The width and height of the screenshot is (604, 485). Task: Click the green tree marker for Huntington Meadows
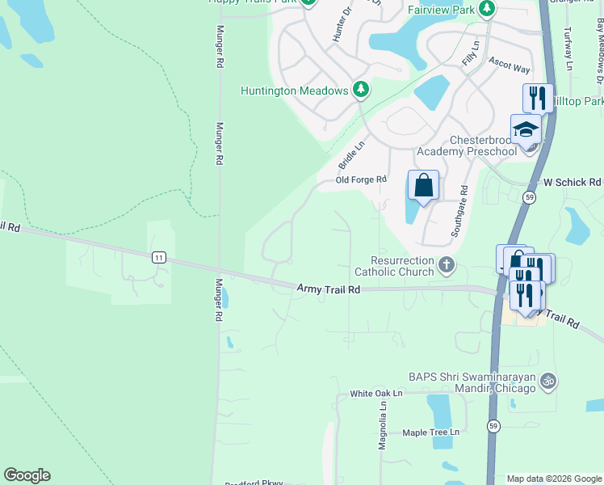tap(361, 91)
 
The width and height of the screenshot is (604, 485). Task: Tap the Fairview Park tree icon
tap(486, 8)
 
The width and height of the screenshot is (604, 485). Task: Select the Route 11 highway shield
tap(159, 257)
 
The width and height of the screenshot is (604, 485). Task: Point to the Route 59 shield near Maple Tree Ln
tap(493, 425)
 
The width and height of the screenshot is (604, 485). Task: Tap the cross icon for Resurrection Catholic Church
tap(446, 264)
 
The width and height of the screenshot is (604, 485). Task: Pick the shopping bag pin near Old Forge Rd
tap(423, 187)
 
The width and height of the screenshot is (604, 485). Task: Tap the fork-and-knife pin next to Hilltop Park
tap(538, 99)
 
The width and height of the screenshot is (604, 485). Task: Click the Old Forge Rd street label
tap(361, 179)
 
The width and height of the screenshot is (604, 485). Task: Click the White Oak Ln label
tap(375, 394)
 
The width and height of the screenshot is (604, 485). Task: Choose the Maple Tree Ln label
tap(430, 432)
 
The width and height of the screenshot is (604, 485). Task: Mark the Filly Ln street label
tap(469, 56)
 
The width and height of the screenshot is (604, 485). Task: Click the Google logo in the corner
tap(27, 475)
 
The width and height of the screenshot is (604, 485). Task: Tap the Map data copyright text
tap(554, 479)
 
